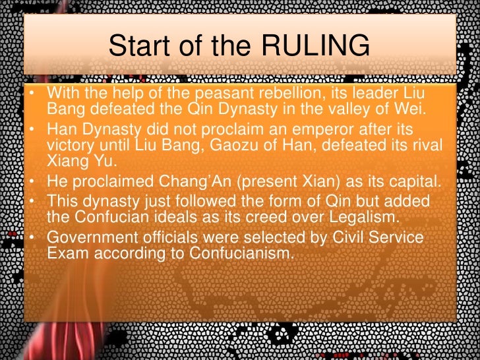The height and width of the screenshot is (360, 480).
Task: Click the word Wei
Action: pos(411,107)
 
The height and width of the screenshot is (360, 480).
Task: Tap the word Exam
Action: pos(65,250)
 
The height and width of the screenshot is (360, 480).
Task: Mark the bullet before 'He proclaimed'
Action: pos(32,178)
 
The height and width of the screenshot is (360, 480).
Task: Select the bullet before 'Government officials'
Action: pos(32,235)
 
